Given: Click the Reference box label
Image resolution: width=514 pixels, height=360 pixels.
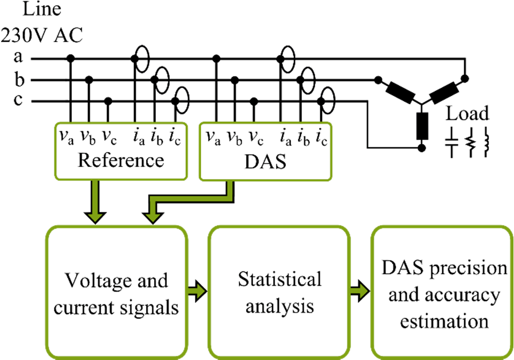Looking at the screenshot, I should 120,160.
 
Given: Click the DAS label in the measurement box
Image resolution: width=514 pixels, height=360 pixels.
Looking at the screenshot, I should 266,160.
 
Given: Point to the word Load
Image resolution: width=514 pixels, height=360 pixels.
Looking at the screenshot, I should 468,113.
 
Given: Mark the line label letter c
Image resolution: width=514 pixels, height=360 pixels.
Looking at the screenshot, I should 18,101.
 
